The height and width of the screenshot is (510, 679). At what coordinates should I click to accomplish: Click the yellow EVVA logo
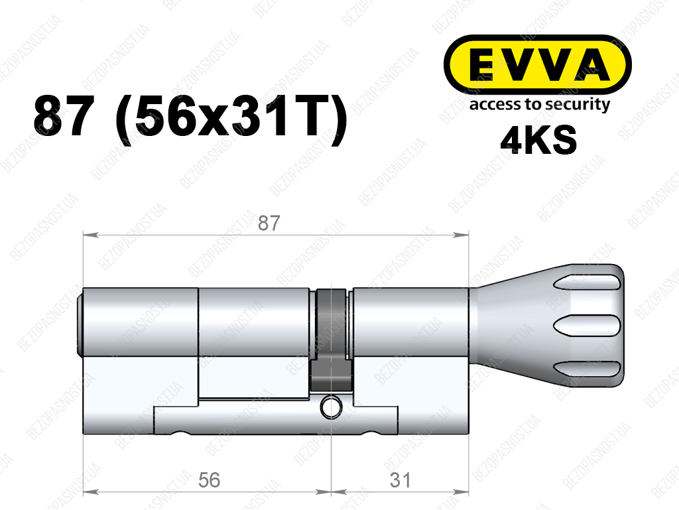pyautogui.click(x=537, y=64)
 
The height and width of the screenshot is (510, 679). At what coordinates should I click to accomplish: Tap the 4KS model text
pyautogui.click(x=538, y=140)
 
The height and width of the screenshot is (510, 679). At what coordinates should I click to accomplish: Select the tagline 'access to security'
pyautogui.click(x=540, y=104)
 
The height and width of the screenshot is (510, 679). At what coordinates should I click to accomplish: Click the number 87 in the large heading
pyautogui.click(x=64, y=116)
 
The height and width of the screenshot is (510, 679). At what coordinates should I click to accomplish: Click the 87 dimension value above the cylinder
pyautogui.click(x=269, y=223)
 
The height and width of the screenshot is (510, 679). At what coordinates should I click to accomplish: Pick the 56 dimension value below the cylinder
pyautogui.click(x=209, y=480)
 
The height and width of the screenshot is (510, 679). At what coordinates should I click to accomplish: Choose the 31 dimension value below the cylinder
pyautogui.click(x=400, y=480)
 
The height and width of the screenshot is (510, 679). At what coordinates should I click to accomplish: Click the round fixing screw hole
pyautogui.click(x=332, y=407)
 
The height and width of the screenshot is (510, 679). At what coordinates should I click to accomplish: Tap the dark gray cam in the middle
pyautogui.click(x=332, y=340)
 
